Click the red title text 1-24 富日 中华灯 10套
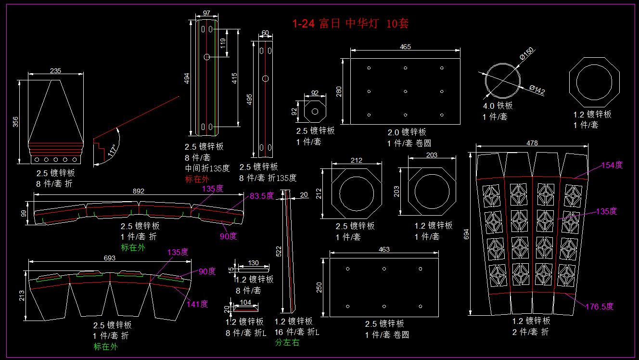[351, 24]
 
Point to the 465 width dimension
[405, 47]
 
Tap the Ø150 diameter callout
[526, 53]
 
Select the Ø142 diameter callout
[537, 90]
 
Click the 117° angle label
[113, 150]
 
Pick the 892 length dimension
[139, 191]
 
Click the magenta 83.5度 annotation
[262, 196]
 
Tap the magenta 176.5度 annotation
[600, 307]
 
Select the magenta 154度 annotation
[612, 165]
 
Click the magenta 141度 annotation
[197, 304]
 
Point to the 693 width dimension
[110, 258]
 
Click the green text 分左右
[287, 343]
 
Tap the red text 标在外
[197, 179]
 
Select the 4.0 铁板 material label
[498, 106]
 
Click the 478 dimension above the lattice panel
[532, 143]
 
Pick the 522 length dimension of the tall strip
[279, 251]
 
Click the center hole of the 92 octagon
[315, 112]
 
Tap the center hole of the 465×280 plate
[405, 91]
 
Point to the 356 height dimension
[15, 122]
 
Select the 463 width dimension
[384, 250]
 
